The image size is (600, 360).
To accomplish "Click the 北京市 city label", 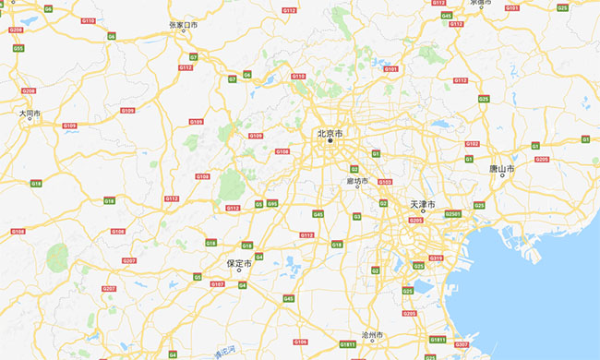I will coord(330,133).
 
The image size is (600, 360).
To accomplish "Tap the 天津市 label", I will coord(423,203).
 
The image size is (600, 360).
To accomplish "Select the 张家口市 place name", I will coord(183,25).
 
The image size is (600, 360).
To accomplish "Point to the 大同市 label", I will coord(30,113).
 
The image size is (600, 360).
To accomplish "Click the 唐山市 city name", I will coord(502,169).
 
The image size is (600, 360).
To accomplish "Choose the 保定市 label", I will coord(239,263).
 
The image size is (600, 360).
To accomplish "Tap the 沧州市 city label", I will coord(373,334).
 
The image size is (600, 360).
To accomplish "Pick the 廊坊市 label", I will coord(356,181).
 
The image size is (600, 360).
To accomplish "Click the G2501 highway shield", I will coord(453,213).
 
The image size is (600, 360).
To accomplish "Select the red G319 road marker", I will coord(437,258).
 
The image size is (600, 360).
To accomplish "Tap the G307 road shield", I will coord(462,344).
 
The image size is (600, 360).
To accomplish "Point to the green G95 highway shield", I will coord(272,203).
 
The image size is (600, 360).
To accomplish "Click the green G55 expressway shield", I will coord(18,48).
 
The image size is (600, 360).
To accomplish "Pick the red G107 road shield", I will coord(218,283).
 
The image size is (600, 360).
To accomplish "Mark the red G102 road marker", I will coord(472,144).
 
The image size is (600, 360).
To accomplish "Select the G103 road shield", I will coord(385,182).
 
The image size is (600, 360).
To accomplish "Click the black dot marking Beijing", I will coord(330,141).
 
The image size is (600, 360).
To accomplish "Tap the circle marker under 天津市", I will coord(423,211).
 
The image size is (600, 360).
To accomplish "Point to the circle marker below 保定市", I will coord(239,271).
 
